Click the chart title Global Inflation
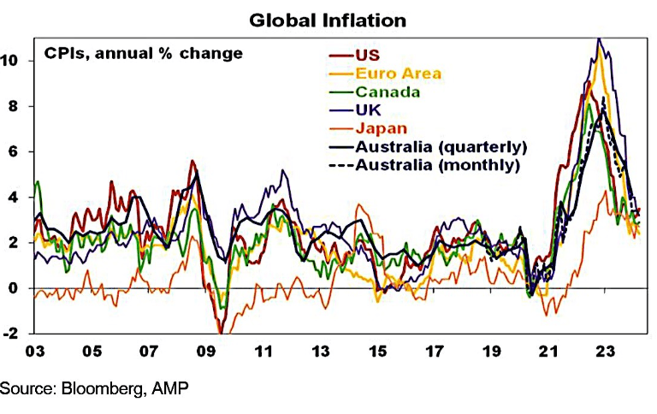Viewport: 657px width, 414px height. click(328, 21)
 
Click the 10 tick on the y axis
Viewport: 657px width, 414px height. click(9, 61)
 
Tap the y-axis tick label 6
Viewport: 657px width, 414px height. click(14, 151)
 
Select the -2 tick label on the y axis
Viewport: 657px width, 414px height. click(10, 334)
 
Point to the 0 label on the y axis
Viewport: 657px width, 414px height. click(14, 288)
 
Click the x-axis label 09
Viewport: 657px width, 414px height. click(205, 352)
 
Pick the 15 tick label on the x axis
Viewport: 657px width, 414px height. click(377, 352)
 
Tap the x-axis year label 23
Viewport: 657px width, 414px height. click(606, 352)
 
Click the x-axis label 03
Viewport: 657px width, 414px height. click(34, 352)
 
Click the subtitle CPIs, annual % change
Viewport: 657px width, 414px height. click(144, 54)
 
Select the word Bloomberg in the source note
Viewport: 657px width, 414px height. click(102, 388)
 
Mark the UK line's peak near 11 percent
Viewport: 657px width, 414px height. click(599, 38)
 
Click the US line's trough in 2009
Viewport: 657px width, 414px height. click(221, 332)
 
